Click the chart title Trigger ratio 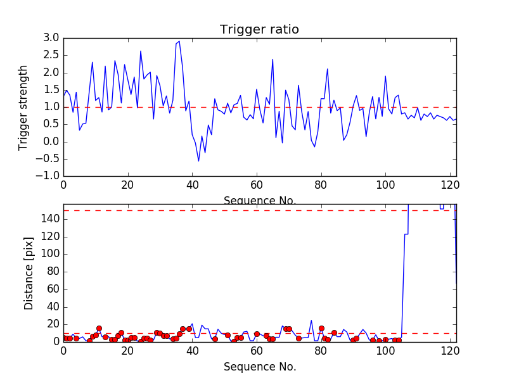click(259, 29)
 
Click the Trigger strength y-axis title click(23, 107)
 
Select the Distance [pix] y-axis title click(29, 273)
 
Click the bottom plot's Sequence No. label click(259, 367)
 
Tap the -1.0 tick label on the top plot click(48, 175)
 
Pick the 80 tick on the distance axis click(53, 272)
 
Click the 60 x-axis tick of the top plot click(256, 185)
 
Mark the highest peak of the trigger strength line click(179, 41)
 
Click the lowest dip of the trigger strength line click(198, 161)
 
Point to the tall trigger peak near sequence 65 click(273, 60)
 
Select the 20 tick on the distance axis click(53, 324)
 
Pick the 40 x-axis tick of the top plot click(192, 185)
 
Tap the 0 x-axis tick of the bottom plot click(63, 351)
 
